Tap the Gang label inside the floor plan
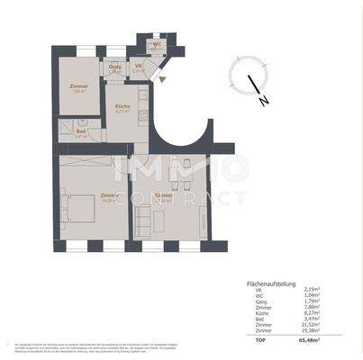tap(115, 68)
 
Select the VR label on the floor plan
tap(138, 67)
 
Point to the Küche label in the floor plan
tap(122, 106)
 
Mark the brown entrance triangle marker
tap(162, 79)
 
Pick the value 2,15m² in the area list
tap(314, 291)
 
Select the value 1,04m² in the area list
tap(314, 298)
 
